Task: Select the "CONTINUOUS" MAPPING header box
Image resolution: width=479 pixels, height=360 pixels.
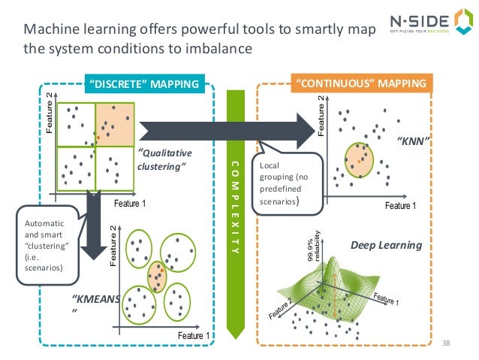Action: [361, 83]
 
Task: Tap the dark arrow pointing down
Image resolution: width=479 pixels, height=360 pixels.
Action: [93, 225]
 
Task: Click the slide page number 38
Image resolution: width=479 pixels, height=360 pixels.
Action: [447, 343]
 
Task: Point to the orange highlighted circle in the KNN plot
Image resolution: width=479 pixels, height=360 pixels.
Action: [358, 156]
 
